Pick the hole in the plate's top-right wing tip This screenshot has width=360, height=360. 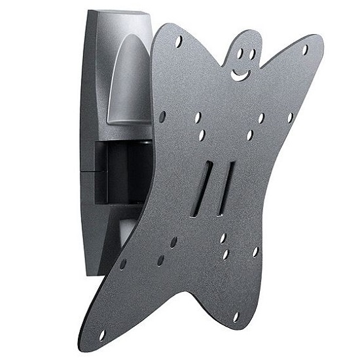(305, 48)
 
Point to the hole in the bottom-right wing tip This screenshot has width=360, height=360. (236, 317)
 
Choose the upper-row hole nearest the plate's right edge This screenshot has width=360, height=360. (290, 118)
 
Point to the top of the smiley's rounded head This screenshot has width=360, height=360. (242, 33)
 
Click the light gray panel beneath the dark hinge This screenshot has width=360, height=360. (124, 229)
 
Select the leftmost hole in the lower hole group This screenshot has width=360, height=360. (123, 264)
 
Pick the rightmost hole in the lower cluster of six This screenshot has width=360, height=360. (255, 251)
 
